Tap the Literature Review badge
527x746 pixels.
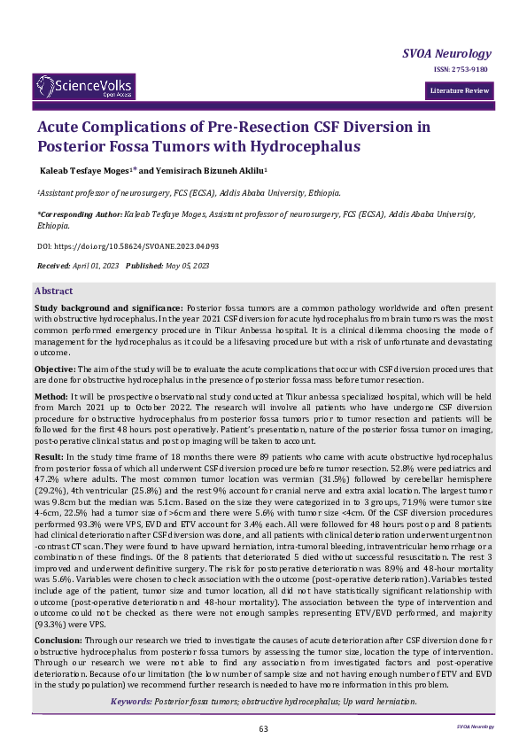click(x=458, y=91)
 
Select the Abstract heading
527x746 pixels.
click(x=54, y=291)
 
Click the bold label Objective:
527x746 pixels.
click(x=55, y=368)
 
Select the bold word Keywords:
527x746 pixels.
click(x=130, y=702)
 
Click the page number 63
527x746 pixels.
click(x=263, y=728)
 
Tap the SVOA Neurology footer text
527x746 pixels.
click(x=476, y=726)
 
